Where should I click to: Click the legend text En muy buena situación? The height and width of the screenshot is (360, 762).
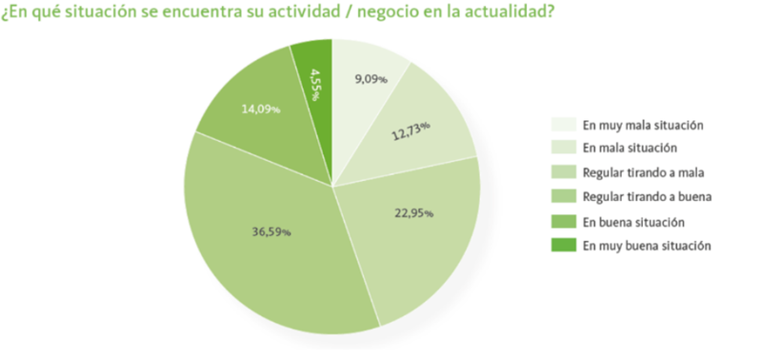pos(647,245)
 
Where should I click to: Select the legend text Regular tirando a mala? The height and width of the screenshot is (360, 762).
pos(644,172)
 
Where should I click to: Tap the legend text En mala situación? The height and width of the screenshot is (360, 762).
pos(630,149)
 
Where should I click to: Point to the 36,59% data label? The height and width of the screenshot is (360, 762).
pos(272,231)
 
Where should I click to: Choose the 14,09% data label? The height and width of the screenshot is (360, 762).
pos(260,110)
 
